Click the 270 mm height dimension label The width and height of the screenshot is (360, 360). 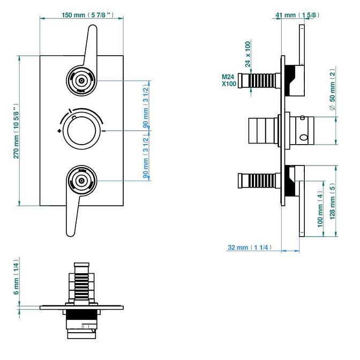[17, 130]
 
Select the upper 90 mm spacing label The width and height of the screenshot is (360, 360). [146, 105]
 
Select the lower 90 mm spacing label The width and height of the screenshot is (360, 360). [146, 155]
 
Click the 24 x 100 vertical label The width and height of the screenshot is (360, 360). [248, 55]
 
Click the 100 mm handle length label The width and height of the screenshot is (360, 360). [320, 212]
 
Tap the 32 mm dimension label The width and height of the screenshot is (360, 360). [250, 247]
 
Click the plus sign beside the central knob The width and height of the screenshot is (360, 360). [58, 131]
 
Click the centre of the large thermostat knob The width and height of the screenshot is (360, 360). [82, 130]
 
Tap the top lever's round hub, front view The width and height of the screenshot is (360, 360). [81, 81]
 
